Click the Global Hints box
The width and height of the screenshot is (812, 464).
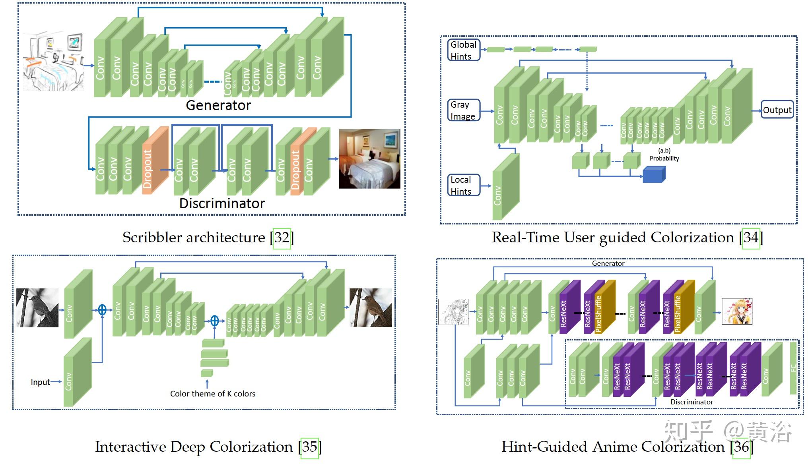464,50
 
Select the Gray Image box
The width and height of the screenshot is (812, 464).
464,110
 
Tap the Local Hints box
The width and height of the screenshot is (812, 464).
464,185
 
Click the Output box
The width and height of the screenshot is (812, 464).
777,110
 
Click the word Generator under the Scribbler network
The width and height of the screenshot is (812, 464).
218,105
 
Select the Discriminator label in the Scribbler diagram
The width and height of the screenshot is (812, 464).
222,203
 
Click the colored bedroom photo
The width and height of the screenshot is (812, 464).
369,159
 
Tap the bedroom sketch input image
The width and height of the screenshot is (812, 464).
53,62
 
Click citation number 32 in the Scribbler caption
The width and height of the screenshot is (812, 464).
282,238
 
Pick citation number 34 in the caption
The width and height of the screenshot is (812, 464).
751,238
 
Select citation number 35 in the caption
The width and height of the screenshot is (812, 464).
310,447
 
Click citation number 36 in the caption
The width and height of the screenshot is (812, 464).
742,447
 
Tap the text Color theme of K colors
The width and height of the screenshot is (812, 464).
212,394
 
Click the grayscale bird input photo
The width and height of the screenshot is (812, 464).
37,308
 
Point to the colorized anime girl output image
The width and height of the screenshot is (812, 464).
737,311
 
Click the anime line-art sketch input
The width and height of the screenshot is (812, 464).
453,311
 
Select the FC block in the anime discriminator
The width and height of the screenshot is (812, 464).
793,367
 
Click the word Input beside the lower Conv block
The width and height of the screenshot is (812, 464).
40,382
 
